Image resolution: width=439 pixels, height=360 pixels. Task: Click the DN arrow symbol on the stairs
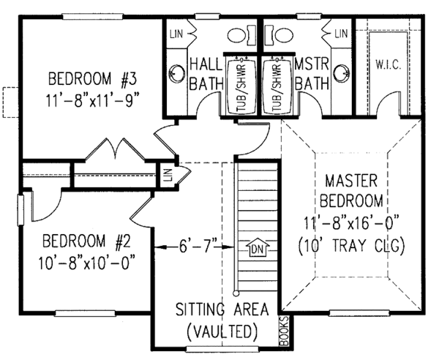tap(256, 250)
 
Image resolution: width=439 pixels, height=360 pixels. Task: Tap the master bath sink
tap(341, 73)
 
